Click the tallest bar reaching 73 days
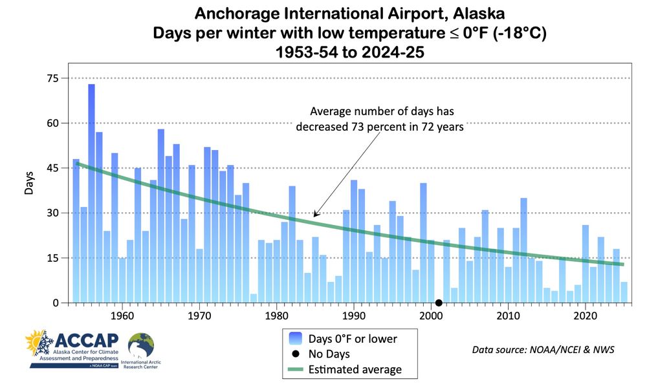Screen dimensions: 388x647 coord(91,194)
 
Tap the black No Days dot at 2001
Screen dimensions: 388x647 coord(439,303)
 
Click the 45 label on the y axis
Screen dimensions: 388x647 coord(52,168)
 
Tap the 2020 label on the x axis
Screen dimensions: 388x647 coord(586,316)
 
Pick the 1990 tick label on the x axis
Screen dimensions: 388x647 coord(353,316)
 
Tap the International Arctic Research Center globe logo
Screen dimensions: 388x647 coord(142,346)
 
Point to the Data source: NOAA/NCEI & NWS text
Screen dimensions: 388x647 coord(543,350)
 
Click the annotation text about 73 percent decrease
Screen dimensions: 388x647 coord(380,118)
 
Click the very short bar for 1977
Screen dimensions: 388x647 coord(254,298)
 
